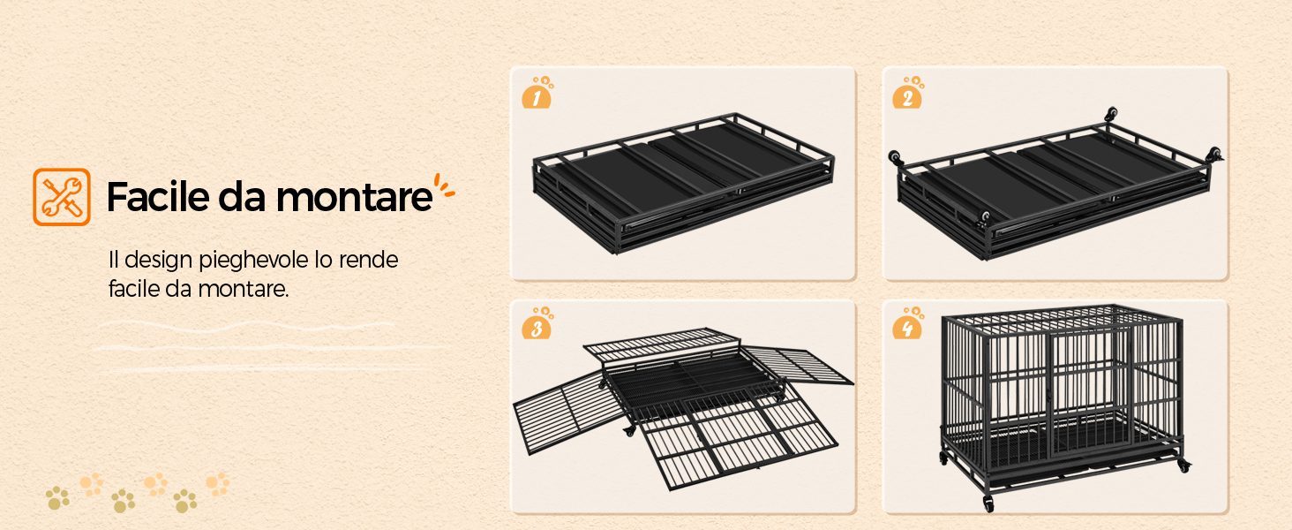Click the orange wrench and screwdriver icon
tap(62, 197)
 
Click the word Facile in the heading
tap(159, 197)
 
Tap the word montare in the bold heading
tap(354, 198)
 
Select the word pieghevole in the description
tap(253, 261)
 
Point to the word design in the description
tap(159, 261)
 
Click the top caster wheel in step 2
tap(1111, 114)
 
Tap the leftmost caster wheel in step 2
tap(896, 156)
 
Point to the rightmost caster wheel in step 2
tap(1214, 155)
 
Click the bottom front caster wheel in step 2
tap(984, 218)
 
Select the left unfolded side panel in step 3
tap(568, 411)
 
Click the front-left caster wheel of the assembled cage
tap(988, 503)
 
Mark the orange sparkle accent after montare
tap(444, 186)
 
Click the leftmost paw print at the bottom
tap(57, 497)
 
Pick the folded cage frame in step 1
tap(683, 183)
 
